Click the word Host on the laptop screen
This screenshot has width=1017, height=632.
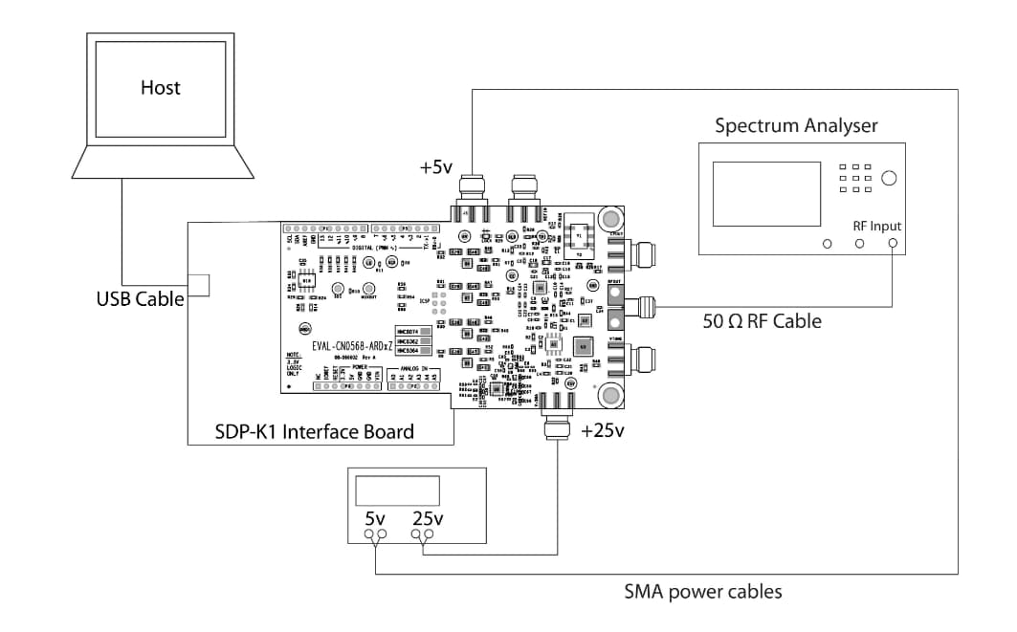pyautogui.click(x=160, y=88)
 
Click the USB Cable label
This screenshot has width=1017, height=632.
pyautogui.click(x=140, y=298)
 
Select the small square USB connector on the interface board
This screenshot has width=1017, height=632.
pyautogui.click(x=199, y=285)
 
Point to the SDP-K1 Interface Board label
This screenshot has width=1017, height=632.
pyautogui.click(x=314, y=431)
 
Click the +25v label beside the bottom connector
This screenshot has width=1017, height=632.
pyautogui.click(x=602, y=430)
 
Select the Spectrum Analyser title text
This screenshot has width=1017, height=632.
pyautogui.click(x=796, y=125)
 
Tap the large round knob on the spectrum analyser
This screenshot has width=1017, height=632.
pyautogui.click(x=890, y=178)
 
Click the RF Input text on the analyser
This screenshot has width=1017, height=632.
pyautogui.click(x=877, y=226)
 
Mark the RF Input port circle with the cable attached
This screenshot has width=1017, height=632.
pyautogui.click(x=893, y=244)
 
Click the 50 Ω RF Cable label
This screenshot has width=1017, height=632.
pyautogui.click(x=762, y=321)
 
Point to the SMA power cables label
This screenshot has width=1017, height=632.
pyautogui.click(x=702, y=592)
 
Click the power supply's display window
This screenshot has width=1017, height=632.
pyautogui.click(x=396, y=490)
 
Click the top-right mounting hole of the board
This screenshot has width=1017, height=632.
pyautogui.click(x=608, y=220)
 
